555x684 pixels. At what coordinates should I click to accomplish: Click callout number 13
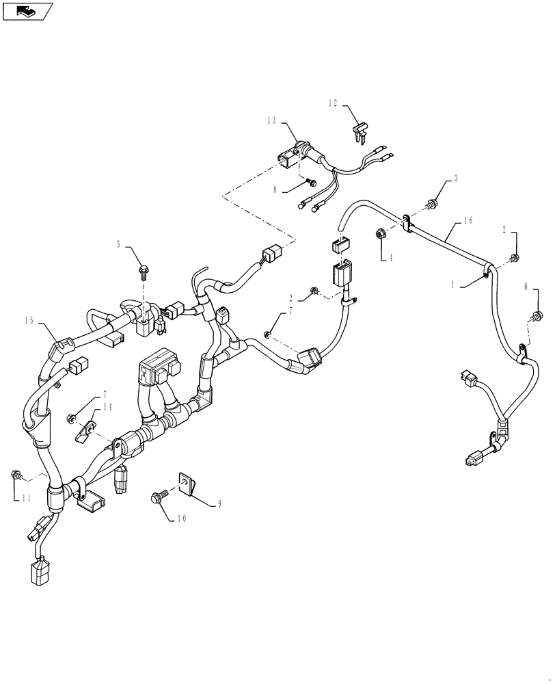click(x=272, y=120)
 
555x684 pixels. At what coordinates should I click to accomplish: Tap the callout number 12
click(x=333, y=103)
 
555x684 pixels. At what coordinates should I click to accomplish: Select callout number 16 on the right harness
click(x=468, y=221)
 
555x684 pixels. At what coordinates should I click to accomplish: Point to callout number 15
click(x=29, y=320)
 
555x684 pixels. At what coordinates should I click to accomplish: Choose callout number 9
click(x=219, y=504)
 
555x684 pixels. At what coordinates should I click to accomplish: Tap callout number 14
click(x=107, y=406)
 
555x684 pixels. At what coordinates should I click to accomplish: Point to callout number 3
click(x=457, y=179)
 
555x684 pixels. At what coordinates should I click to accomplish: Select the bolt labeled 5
click(x=144, y=272)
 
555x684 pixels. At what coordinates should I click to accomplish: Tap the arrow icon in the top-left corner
click(x=27, y=10)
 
